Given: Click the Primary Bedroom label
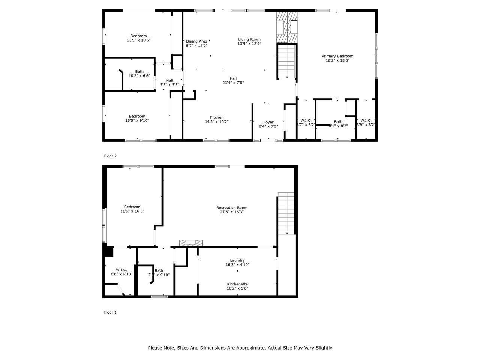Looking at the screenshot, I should tap(337, 56).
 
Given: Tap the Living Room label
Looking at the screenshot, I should tap(249, 39).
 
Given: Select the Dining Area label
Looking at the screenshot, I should tap(196, 42).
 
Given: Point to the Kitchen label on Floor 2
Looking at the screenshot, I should tap(217, 118).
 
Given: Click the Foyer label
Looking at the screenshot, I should tap(268, 122).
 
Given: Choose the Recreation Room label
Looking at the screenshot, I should tap(232, 208).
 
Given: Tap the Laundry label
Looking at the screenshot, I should tap(237, 260).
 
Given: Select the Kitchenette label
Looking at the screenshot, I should tap(237, 284).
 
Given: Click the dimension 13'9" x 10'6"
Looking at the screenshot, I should tap(138, 40).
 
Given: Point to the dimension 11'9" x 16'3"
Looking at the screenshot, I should tap(132, 211).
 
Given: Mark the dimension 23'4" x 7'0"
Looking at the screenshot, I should tap(233, 82).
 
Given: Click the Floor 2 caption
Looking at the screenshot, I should tap(110, 156).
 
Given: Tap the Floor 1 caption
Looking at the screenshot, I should tap(110, 312).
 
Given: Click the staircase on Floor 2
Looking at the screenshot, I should tap(287, 62).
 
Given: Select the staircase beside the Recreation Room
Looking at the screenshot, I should tap(286, 213).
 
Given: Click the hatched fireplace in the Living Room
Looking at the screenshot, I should tap(287, 27).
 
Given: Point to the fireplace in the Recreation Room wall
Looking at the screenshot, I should tap(191, 243).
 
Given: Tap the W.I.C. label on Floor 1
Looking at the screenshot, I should tap(121, 270).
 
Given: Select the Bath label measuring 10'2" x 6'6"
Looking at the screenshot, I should tap(139, 72).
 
